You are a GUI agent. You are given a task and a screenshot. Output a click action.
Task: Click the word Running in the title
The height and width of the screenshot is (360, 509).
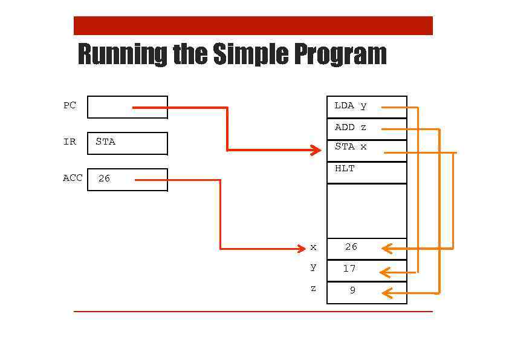tap(123, 54)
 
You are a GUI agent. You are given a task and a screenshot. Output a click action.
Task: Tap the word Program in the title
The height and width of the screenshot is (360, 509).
tap(340, 54)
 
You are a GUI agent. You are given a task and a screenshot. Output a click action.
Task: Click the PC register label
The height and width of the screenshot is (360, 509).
tap(70, 105)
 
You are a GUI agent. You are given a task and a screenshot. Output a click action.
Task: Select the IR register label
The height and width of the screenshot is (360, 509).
tap(70, 142)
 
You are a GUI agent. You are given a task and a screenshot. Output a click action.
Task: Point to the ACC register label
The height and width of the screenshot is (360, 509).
tap(73, 178)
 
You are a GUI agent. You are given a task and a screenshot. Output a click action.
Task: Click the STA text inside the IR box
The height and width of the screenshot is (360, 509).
tap(105, 142)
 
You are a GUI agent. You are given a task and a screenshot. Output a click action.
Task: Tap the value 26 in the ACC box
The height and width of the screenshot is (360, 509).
tap(104, 178)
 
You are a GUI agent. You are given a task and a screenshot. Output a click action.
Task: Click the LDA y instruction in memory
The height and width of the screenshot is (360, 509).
tap(351, 106)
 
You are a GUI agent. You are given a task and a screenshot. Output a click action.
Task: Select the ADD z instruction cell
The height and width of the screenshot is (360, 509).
tap(351, 128)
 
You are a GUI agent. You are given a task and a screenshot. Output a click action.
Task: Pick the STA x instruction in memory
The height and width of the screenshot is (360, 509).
tap(351, 146)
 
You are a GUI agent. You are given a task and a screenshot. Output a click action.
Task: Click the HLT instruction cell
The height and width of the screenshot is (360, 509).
tap(345, 169)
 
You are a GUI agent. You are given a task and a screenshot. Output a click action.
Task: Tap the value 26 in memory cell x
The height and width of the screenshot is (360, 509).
tap(351, 247)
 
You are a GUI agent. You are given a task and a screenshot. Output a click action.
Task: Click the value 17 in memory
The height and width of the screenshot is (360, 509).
tap(349, 269)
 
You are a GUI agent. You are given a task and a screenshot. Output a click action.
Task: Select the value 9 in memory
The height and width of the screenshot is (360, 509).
tap(352, 290)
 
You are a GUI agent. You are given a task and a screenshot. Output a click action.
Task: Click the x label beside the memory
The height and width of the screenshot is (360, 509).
tap(313, 247)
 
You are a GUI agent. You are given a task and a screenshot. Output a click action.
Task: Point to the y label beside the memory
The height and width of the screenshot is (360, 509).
tap(313, 267)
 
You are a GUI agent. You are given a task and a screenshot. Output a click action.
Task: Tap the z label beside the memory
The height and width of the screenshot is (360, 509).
tap(313, 289)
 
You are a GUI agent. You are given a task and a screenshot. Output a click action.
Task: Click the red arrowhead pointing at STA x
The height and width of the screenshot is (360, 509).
tap(316, 150)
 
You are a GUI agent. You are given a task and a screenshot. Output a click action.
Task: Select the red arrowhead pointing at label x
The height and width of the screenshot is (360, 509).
tap(301, 249)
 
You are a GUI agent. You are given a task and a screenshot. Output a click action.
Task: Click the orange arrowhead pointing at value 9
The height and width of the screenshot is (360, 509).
tap(387, 293)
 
